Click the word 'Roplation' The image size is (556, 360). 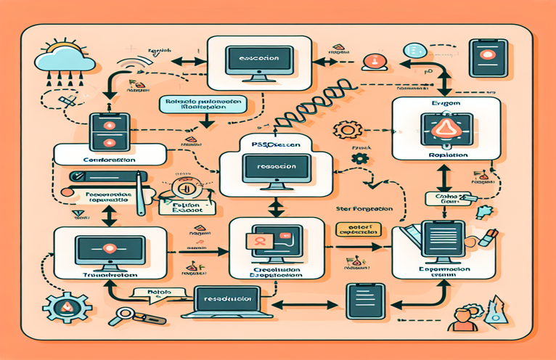pos(444,155)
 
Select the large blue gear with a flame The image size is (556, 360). pos(62,308)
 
